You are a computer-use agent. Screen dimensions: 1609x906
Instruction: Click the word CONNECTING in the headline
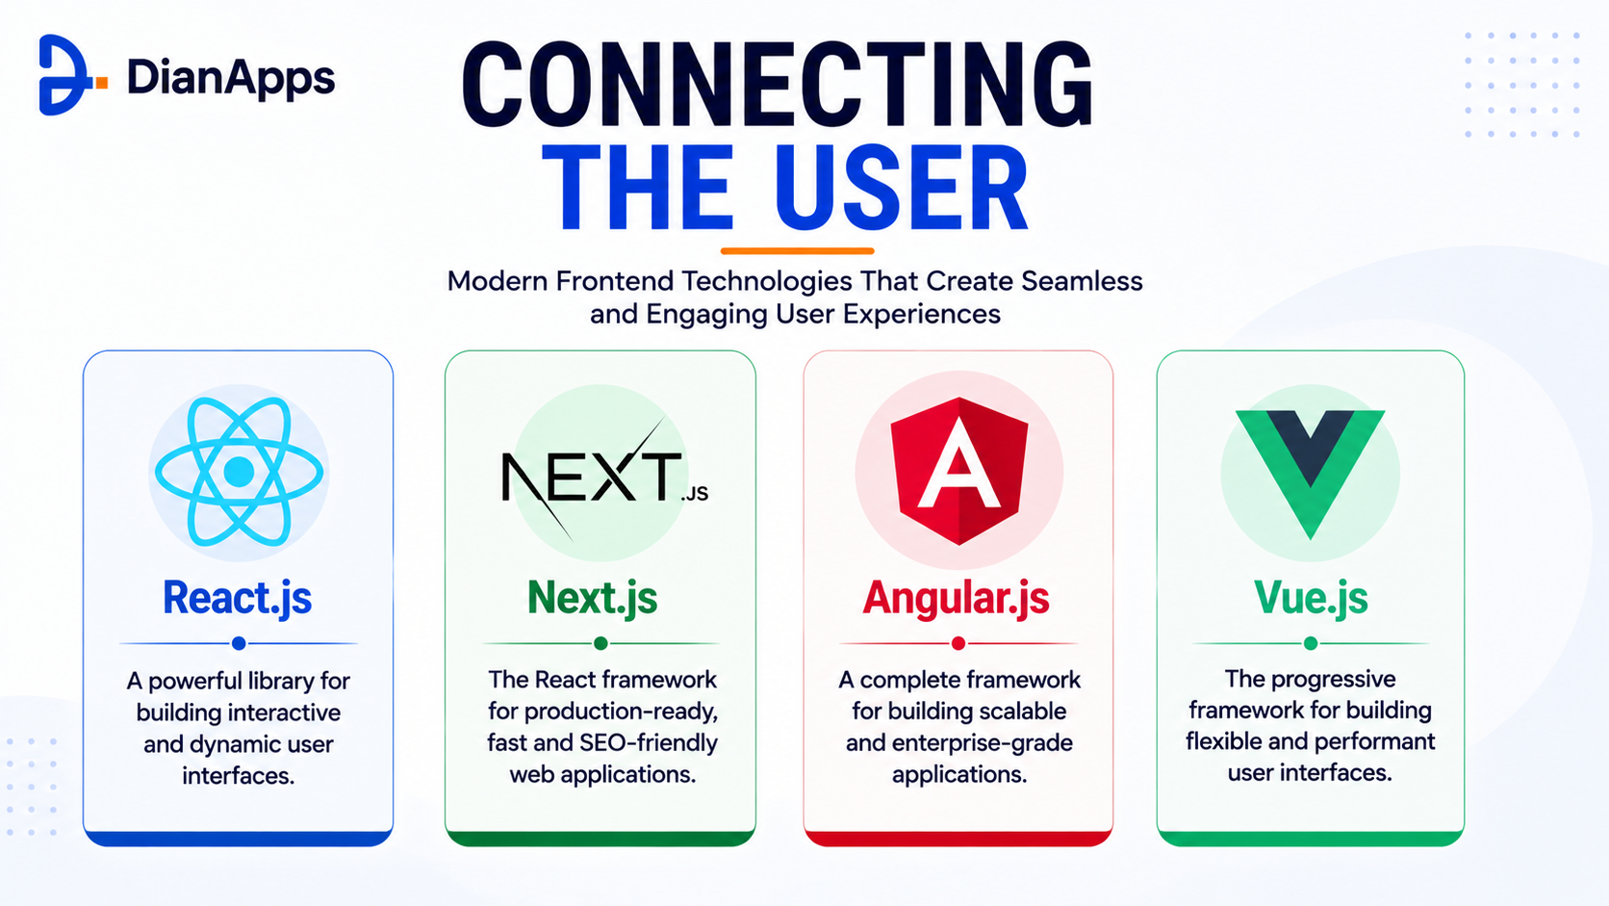pos(778,85)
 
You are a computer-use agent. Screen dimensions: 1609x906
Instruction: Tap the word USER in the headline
pos(902,189)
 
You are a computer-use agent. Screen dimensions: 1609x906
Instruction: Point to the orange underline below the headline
pos(798,250)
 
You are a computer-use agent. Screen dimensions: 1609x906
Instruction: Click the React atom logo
pos(239,472)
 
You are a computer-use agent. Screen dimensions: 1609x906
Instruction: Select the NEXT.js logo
pos(604,477)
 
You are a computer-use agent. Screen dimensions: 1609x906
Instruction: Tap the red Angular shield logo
pos(958,471)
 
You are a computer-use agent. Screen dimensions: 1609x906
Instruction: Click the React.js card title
pos(237,598)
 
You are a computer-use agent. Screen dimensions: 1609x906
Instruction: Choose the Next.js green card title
pos(593,598)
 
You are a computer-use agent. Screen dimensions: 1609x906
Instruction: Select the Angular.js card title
pos(956,598)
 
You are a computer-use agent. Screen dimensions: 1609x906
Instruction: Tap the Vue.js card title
pos(1311,598)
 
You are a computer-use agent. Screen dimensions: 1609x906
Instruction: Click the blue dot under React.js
pos(240,643)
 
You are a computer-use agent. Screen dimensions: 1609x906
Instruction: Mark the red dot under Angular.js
pos(958,643)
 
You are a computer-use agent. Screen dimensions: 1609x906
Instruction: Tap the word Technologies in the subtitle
pos(767,281)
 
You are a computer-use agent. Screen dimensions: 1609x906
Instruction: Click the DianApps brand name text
pos(231,78)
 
